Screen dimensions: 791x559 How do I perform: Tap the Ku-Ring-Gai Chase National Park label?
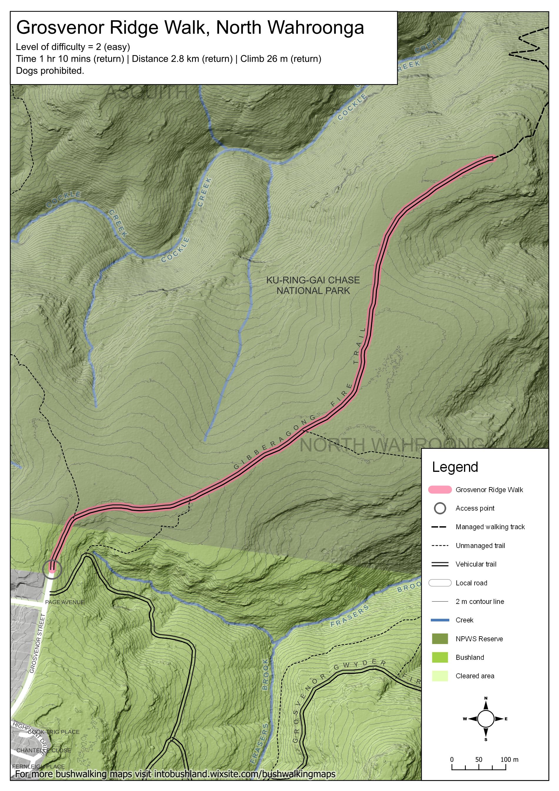click(313, 285)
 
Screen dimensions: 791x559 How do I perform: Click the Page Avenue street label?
click(64, 602)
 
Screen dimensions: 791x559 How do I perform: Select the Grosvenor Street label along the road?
click(38, 643)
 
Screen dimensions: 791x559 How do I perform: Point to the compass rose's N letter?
click(486, 698)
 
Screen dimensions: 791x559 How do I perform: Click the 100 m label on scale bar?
click(509, 759)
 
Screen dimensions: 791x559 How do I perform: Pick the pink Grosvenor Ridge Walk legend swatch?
click(440, 489)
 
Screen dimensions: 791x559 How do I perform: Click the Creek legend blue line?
click(440, 620)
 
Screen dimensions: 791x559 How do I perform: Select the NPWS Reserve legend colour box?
click(440, 638)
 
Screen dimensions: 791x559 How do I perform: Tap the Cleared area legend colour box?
click(440, 676)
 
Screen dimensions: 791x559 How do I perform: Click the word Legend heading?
click(455, 467)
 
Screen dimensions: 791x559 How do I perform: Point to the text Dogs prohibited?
click(50, 71)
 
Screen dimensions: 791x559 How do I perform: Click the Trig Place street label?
click(63, 732)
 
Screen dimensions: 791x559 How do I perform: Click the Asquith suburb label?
click(146, 92)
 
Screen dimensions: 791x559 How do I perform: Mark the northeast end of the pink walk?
click(492, 158)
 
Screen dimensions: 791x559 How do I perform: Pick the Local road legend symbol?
click(440, 582)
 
